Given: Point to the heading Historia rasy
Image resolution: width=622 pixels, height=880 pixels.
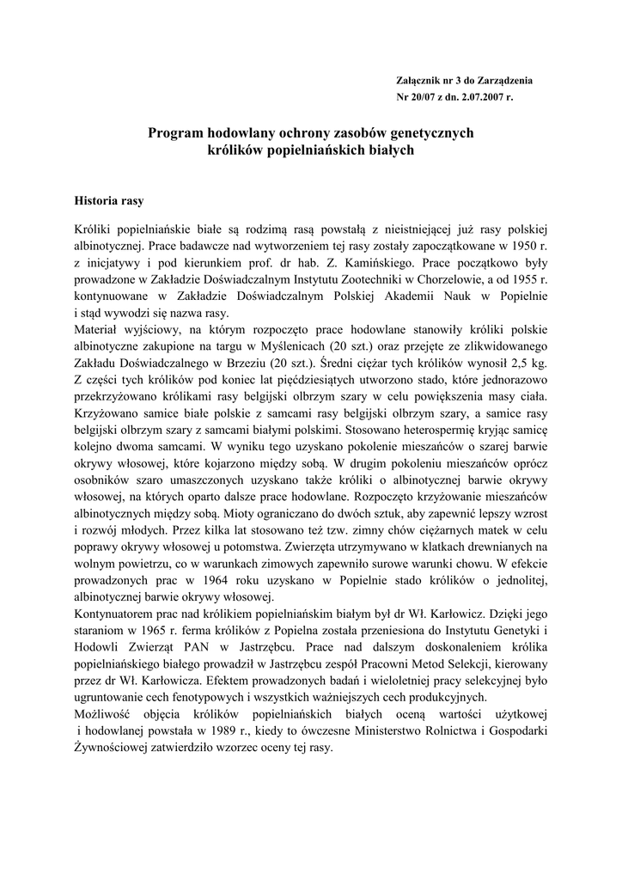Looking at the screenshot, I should pos(110,201).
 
